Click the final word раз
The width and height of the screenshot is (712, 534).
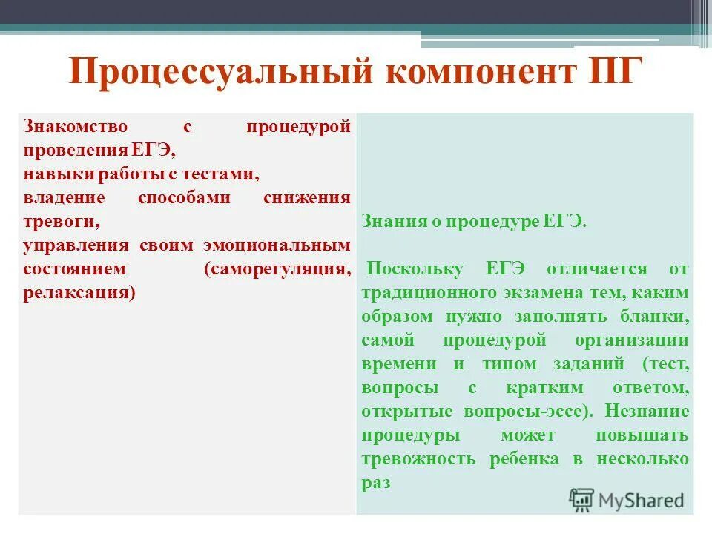point(375,483)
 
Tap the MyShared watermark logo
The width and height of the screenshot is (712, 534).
point(627,500)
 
